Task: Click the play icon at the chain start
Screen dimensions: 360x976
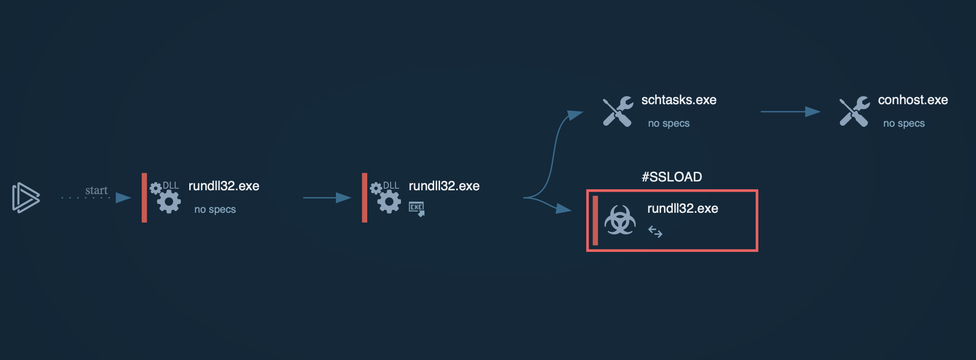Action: pos(25,198)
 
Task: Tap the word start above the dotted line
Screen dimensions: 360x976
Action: pos(96,190)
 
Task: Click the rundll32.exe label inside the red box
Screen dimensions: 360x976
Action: pos(683,208)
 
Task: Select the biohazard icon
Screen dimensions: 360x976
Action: pos(620,220)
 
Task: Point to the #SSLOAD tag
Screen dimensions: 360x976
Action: pos(672,177)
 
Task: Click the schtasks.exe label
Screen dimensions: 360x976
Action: pos(679,100)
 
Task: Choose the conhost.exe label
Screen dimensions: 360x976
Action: pos(913,100)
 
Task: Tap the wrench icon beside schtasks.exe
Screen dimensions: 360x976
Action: pos(618,112)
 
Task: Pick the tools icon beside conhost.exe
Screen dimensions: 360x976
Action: pos(854,112)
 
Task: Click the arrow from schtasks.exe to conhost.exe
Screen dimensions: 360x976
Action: pos(790,112)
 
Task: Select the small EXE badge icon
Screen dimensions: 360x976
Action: pos(417,208)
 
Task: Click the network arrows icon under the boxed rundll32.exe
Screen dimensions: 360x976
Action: pos(655,231)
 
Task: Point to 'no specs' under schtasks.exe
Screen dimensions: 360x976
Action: pos(668,123)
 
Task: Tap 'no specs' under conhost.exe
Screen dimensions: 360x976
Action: pos(904,123)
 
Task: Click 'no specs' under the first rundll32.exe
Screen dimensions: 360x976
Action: pos(215,209)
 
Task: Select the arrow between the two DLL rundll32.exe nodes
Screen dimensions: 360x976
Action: pos(327,198)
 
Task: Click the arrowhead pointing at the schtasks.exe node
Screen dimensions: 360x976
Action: pos(575,115)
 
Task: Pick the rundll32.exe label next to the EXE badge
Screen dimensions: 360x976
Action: pos(444,186)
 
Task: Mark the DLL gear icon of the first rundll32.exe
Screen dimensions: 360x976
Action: pos(165,197)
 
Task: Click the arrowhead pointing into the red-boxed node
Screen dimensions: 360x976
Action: pos(563,209)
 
